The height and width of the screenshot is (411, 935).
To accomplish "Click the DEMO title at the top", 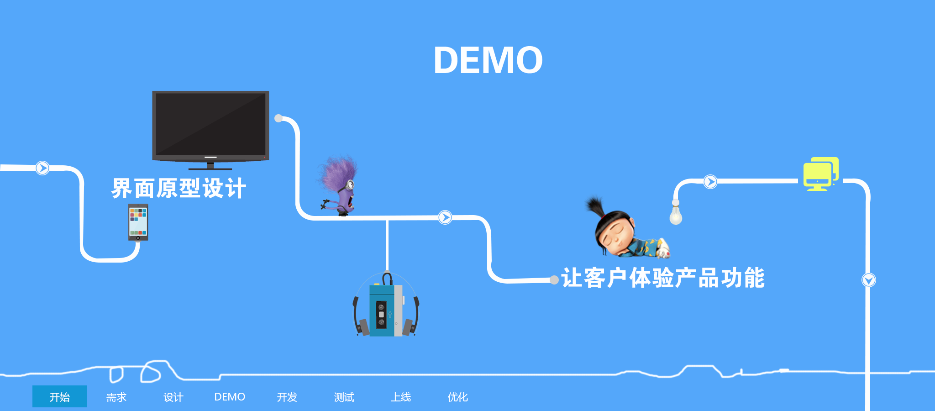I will (488, 60).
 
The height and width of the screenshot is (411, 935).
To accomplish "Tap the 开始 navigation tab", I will (59, 396).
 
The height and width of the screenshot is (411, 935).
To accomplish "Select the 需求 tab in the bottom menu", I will (116, 397).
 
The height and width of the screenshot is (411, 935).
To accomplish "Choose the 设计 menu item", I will (173, 397).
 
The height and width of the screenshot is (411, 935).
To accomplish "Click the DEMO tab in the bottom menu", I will (230, 397).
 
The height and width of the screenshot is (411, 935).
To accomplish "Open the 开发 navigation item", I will (287, 397).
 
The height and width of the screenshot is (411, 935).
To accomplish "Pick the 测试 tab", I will (344, 397).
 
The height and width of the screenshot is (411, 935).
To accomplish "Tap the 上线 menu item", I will (401, 397).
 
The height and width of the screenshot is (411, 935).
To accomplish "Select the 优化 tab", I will (458, 397).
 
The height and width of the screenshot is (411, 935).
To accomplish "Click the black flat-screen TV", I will (210, 126).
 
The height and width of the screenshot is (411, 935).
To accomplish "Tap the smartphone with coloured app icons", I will (138, 222).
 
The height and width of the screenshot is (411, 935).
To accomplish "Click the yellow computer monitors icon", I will (820, 174).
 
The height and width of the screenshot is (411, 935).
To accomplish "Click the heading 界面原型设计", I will (179, 188).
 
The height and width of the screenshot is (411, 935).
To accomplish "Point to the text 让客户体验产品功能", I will (663, 278).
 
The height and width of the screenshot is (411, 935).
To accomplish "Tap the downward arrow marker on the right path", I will (868, 280).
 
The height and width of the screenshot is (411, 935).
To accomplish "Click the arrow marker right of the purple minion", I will (445, 217).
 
